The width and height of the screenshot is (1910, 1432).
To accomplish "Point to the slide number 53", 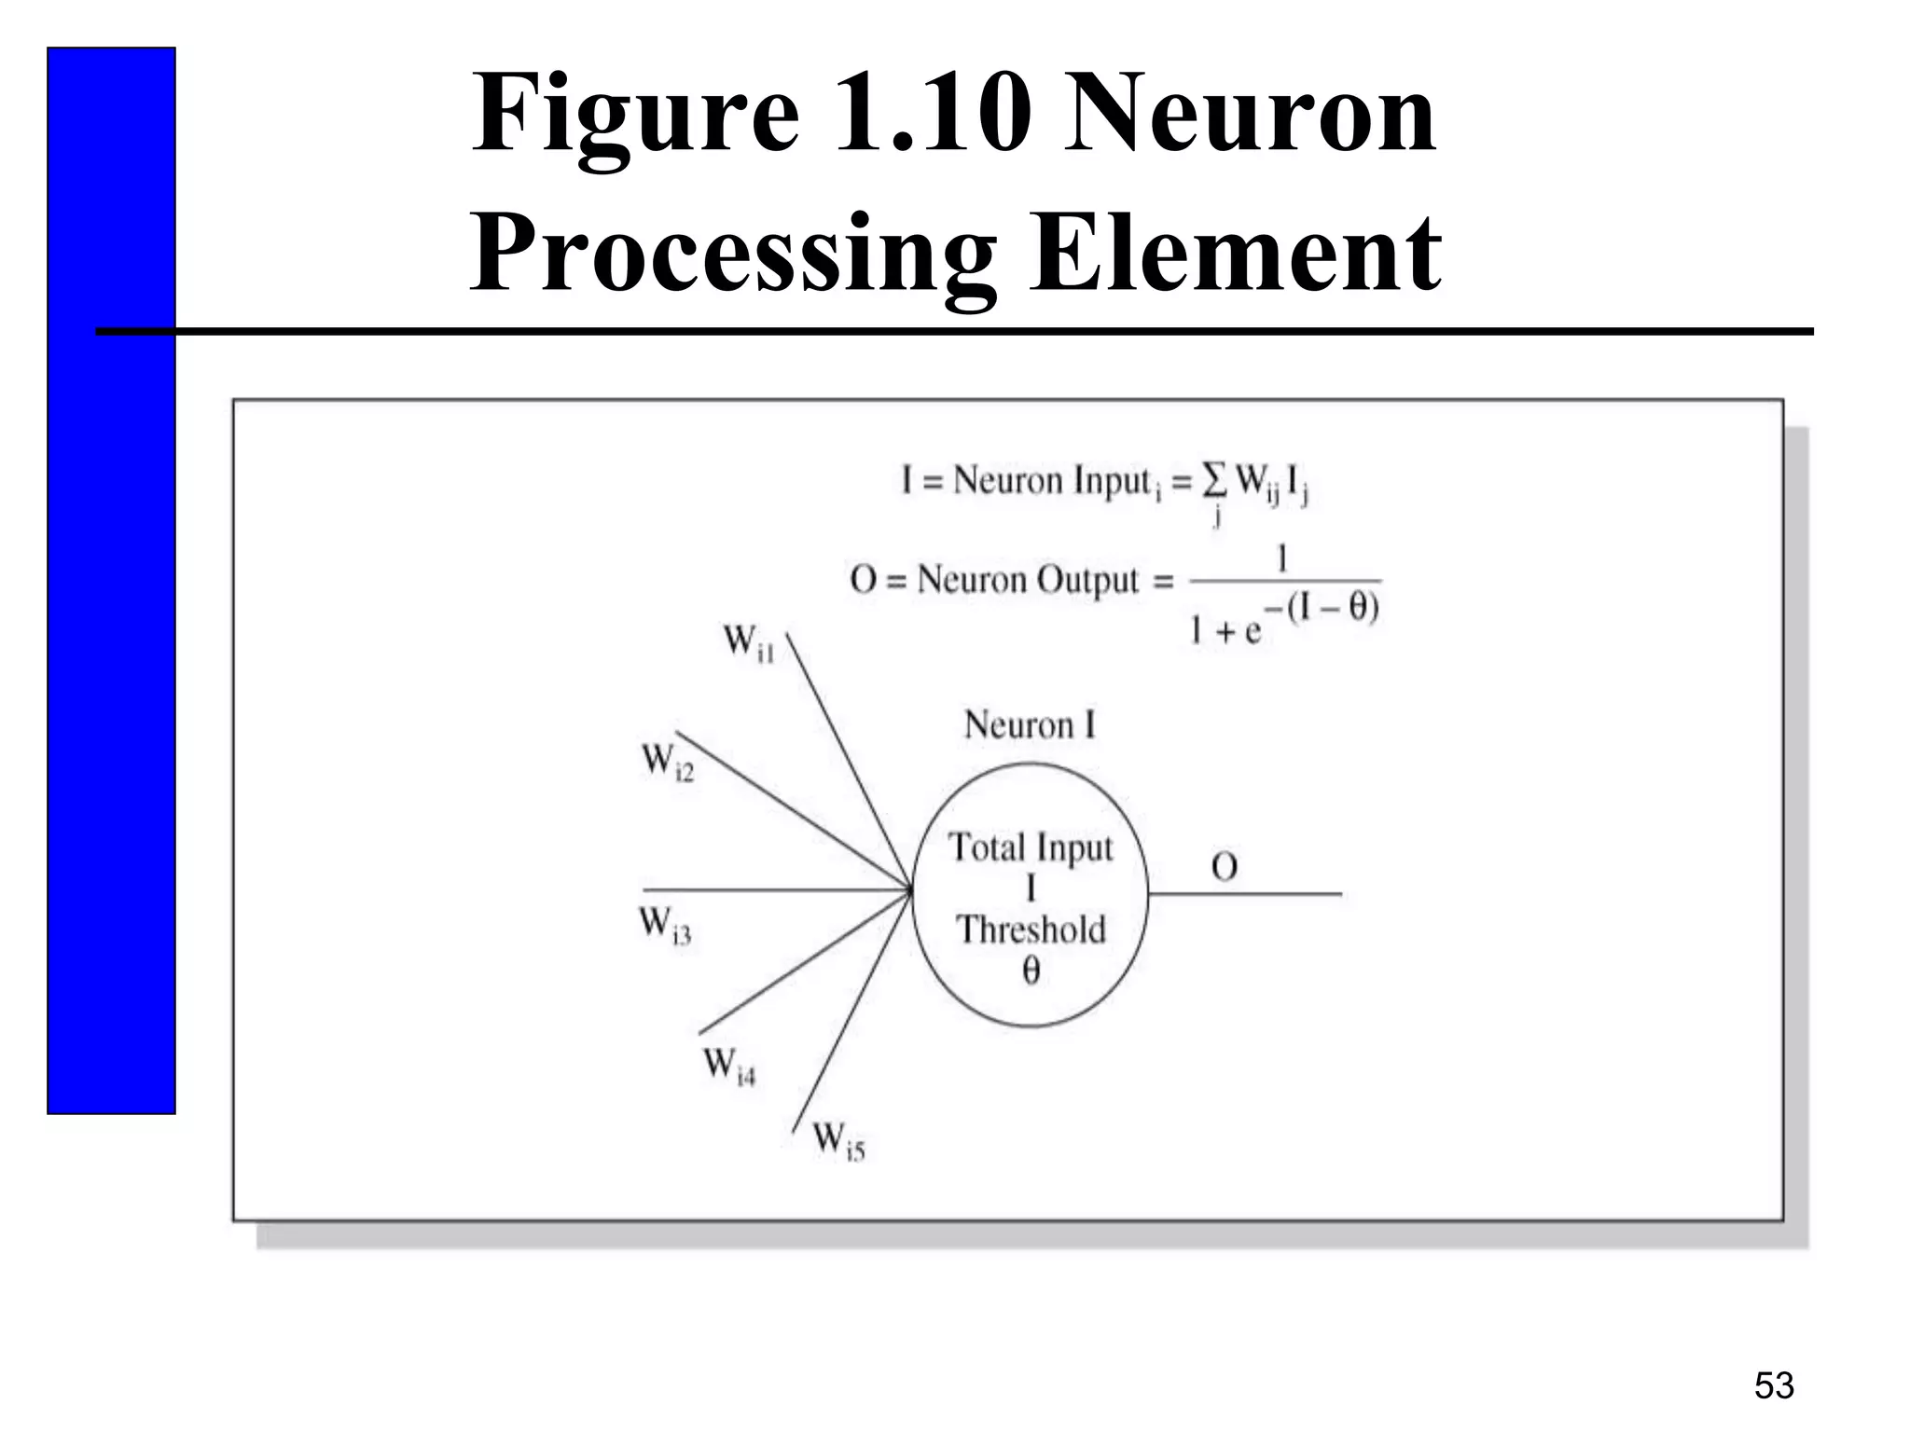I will pyautogui.click(x=1774, y=1386).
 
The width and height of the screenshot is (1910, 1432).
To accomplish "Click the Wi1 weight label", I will pyautogui.click(x=749, y=643).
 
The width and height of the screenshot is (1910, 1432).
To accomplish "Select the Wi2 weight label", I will pyautogui.click(x=668, y=762).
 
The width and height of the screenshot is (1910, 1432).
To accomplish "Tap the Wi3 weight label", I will pyautogui.click(x=665, y=926).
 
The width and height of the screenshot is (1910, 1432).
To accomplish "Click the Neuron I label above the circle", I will pyautogui.click(x=1030, y=725).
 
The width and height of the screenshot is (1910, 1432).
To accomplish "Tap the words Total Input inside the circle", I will pyautogui.click(x=1031, y=847).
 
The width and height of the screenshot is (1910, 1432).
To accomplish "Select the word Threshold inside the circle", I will pyautogui.click(x=1031, y=929).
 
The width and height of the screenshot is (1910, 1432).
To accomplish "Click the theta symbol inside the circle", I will pyautogui.click(x=1031, y=971).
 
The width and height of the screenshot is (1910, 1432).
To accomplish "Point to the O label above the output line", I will pyautogui.click(x=1225, y=868).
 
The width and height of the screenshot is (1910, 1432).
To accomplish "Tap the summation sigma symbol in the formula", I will pyautogui.click(x=1213, y=480).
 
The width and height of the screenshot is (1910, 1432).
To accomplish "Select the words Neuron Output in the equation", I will pyautogui.click(x=1028, y=580).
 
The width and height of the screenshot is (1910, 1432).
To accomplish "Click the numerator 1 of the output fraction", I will pyautogui.click(x=1282, y=559).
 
